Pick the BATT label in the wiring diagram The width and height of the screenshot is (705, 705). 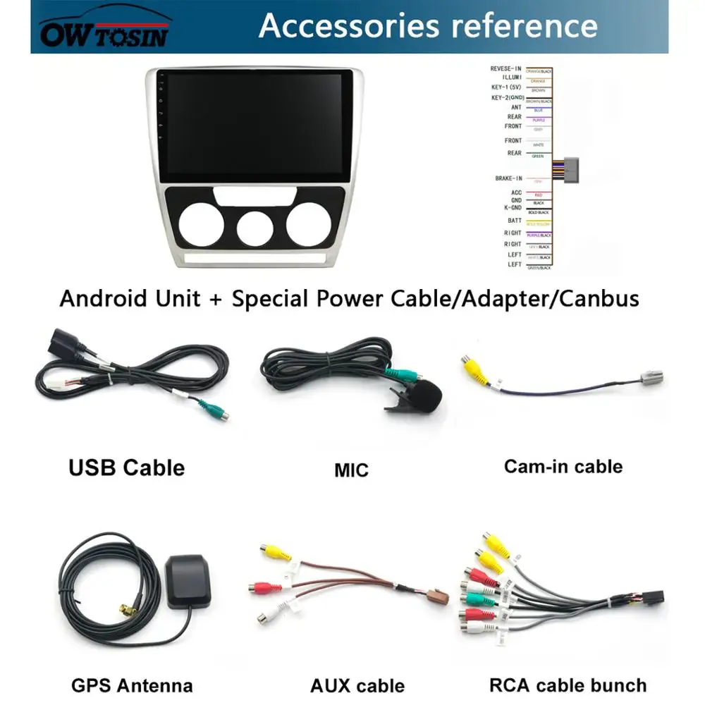tap(515, 221)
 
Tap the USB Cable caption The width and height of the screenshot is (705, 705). tap(127, 467)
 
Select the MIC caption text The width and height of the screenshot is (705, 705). tap(351, 470)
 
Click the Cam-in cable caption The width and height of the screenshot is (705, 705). tap(563, 466)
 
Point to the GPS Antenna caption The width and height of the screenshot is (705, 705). tap(132, 685)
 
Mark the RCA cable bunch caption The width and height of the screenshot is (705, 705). tap(568, 685)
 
